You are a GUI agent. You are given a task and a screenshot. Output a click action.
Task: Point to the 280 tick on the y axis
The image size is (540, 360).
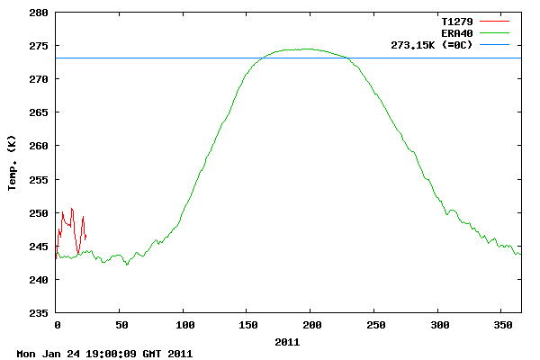(x=39, y=13)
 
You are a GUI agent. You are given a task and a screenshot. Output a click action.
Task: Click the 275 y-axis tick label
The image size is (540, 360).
(x=39, y=46)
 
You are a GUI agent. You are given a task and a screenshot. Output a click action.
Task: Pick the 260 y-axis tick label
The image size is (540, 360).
(x=39, y=146)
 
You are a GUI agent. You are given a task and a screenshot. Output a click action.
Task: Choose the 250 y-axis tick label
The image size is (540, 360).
(x=39, y=213)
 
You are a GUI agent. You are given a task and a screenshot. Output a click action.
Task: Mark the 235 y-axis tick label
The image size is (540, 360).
(x=39, y=313)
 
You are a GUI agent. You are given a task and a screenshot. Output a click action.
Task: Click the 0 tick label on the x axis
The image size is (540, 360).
(x=57, y=324)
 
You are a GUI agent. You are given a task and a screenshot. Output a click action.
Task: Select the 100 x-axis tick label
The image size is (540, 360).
(x=184, y=324)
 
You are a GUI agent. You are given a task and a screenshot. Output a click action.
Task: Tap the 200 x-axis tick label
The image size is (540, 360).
(x=310, y=324)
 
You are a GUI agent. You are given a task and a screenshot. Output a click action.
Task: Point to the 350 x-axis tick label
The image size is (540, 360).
(x=501, y=324)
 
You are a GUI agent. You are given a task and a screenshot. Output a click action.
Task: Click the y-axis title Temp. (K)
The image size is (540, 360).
(x=12, y=164)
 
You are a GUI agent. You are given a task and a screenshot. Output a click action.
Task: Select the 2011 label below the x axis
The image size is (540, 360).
(x=287, y=342)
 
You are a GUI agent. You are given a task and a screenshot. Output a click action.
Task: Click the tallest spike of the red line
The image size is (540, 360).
(x=71, y=208)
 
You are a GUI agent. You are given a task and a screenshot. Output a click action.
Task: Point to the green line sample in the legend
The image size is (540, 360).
(x=494, y=32)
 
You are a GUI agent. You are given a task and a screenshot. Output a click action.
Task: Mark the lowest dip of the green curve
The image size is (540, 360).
(x=127, y=265)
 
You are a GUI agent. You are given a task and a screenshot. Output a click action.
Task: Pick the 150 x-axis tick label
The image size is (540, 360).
(x=247, y=324)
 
